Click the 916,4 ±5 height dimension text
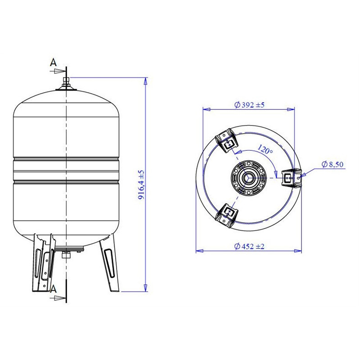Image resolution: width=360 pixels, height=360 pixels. tap(141, 184)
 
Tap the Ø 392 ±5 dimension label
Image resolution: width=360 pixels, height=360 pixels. tap(249, 105)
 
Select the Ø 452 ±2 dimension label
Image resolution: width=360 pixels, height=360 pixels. tap(249, 246)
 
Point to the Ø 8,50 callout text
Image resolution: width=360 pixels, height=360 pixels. tap(333, 164)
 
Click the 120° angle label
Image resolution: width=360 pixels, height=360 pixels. tap(265, 149)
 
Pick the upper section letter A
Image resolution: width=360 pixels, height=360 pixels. tap(53, 62)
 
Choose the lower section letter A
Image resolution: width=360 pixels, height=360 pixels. tap(53, 289)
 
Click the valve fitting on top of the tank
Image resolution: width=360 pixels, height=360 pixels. tap(66, 84)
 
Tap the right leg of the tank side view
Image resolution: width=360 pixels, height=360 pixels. tap(110, 263)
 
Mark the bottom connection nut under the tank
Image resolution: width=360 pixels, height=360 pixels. tap(66, 255)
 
